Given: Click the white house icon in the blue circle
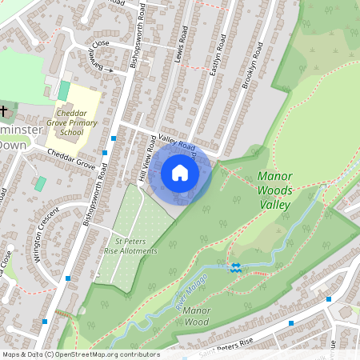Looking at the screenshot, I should tap(180, 173).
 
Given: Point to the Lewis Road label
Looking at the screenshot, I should tap(181, 45).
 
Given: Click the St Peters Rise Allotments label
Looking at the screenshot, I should tap(130, 245).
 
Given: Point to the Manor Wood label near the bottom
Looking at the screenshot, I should tap(195, 315).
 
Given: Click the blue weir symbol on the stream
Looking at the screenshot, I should tap(235, 267).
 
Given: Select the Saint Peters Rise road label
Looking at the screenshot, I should tap(226, 342).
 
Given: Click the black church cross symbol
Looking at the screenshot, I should tap(4, 110).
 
